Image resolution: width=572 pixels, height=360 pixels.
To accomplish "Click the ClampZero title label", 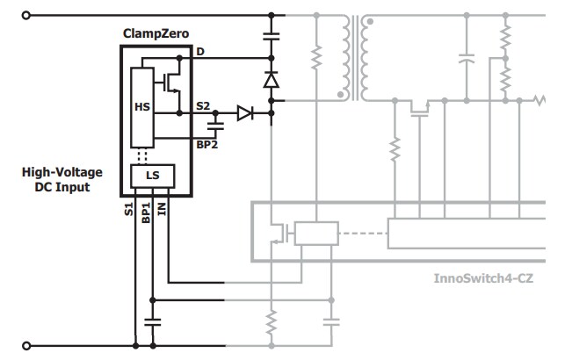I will [157, 33].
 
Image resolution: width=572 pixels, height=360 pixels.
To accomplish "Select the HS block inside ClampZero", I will [142, 106].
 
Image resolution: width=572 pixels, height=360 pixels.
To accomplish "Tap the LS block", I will [152, 175].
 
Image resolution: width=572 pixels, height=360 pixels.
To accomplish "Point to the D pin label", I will [200, 52].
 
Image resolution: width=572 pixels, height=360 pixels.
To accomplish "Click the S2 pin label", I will [203, 106].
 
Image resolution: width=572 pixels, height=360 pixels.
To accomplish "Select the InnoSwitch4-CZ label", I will [483, 278].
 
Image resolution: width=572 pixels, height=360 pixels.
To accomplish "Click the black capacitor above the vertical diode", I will [272, 38].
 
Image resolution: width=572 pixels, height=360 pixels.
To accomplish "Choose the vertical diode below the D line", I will [272, 80].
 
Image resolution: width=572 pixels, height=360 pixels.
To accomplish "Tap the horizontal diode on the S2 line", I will [243, 113].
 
